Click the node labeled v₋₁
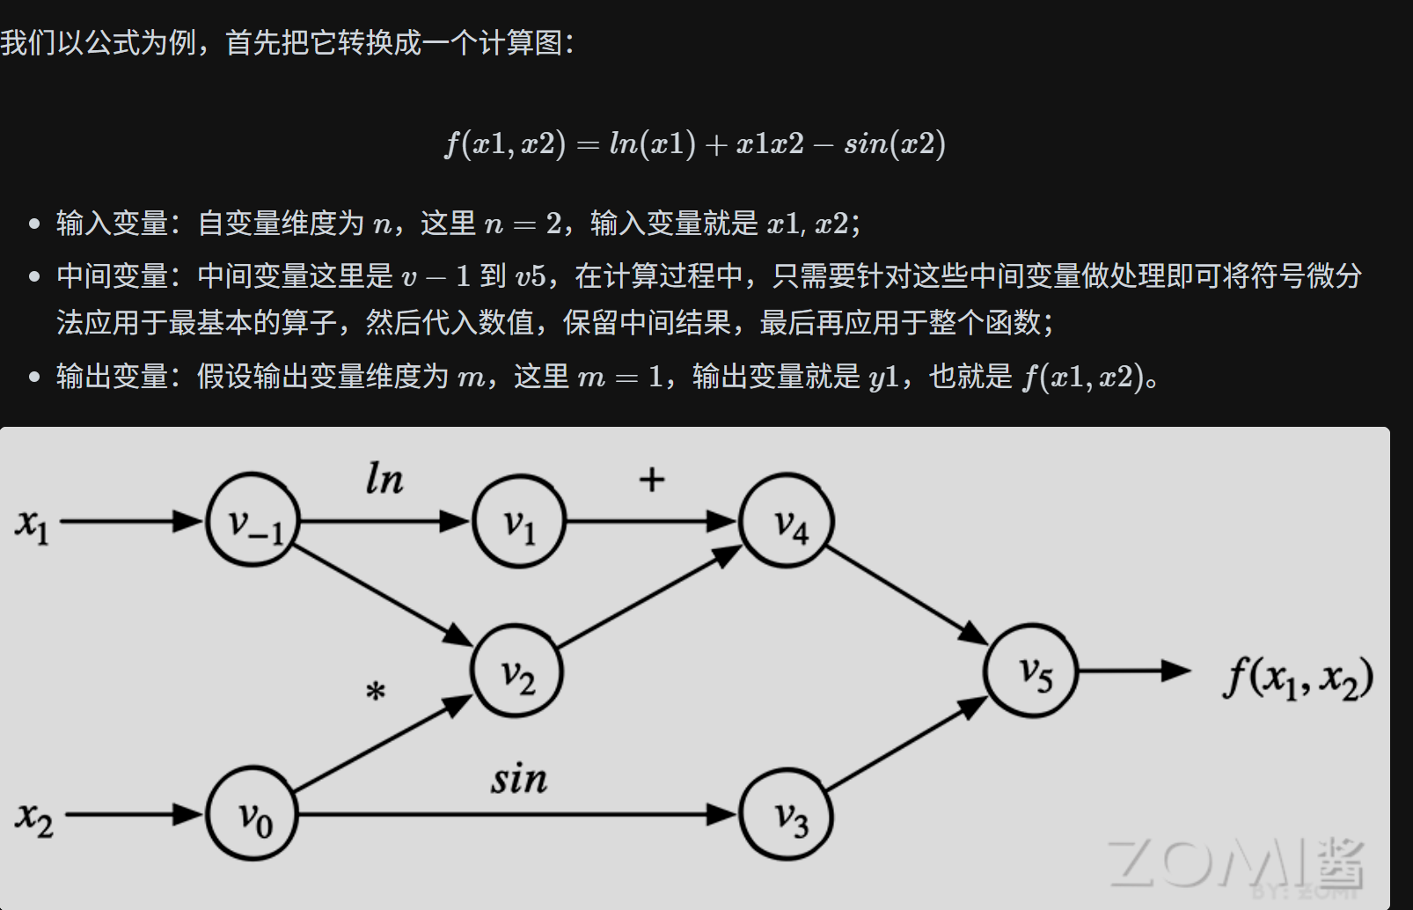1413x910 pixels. [253, 520]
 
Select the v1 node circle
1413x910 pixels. [519, 521]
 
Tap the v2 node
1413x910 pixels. [517, 671]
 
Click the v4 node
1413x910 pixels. [787, 521]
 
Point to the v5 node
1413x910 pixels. [1031, 671]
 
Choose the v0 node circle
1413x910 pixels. [253, 813]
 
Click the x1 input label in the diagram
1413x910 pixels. [33, 525]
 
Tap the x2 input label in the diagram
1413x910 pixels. [34, 818]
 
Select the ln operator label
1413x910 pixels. [384, 480]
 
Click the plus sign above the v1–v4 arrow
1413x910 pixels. [651, 480]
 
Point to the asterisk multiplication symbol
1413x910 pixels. [376, 692]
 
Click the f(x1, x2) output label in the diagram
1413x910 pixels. [1297, 678]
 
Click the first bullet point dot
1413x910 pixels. [34, 224]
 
